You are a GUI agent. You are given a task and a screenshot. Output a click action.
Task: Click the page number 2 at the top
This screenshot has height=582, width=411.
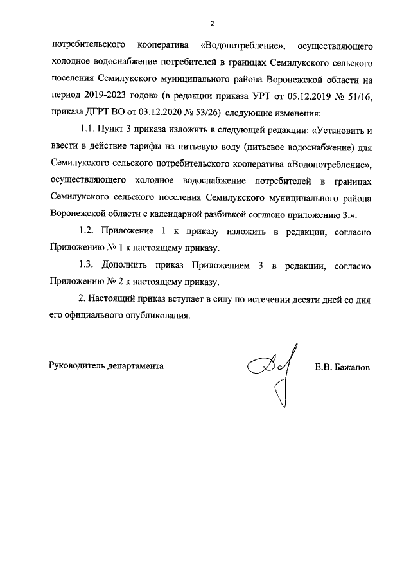point(211,24)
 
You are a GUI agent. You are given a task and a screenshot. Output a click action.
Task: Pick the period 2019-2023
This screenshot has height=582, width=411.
point(105,96)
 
